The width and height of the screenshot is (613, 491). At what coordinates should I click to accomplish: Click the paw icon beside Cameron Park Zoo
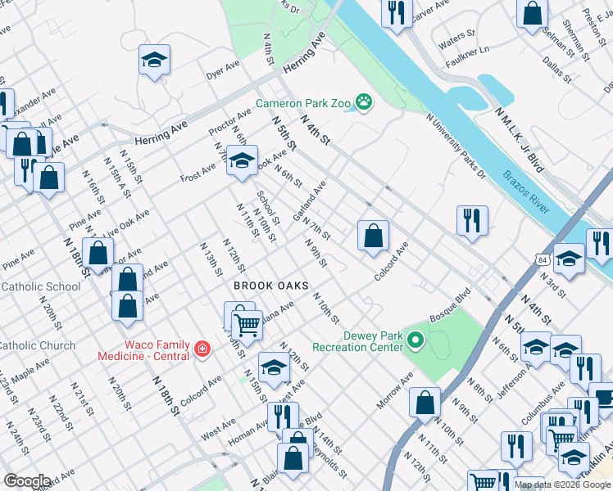(x=363, y=103)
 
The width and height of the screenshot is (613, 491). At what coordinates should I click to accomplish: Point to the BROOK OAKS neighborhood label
(x=270, y=286)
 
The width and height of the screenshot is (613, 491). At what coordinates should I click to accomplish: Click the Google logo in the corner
(x=27, y=481)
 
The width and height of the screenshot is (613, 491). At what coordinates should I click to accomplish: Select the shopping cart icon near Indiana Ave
(x=246, y=324)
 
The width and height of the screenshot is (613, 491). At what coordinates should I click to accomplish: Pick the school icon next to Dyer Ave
(x=154, y=60)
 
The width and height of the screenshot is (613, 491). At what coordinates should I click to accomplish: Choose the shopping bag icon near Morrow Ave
(x=425, y=403)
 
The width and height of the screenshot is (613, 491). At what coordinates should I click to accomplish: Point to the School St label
(x=268, y=208)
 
